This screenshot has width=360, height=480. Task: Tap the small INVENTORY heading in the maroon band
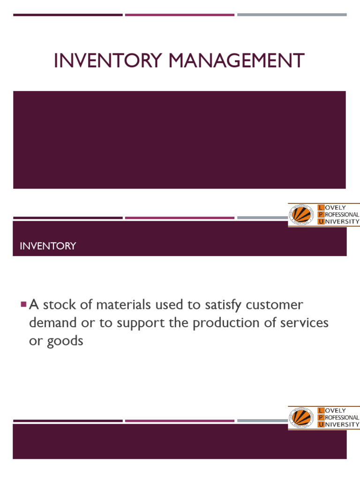pos(48,246)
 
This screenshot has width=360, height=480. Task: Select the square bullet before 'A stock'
pos(23,304)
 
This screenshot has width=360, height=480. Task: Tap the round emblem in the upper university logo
pos(302,214)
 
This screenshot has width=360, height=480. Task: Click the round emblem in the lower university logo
pos(302,417)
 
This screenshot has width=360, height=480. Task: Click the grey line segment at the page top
pos(292,15)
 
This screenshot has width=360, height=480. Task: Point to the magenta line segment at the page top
pos(180,15)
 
